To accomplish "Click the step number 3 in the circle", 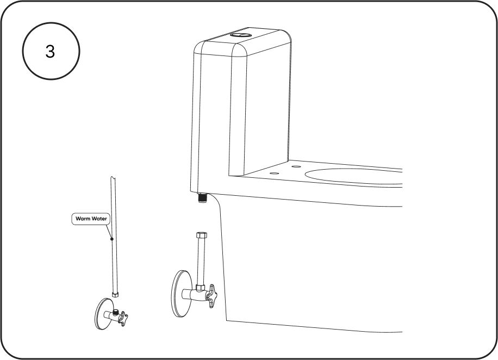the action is tap(50, 51).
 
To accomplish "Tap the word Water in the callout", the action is tap(99, 219).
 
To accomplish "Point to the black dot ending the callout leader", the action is tap(112, 239).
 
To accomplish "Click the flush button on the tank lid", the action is tap(240, 35).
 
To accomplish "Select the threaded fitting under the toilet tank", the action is tap(202, 197).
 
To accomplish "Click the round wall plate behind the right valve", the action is tap(182, 294).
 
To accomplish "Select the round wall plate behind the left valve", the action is tap(103, 314).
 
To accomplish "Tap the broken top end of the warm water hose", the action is tap(113, 178).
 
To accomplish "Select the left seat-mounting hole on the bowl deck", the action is tap(274, 173).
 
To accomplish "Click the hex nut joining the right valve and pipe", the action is tap(200, 288).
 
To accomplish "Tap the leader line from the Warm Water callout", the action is tap(109, 232).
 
